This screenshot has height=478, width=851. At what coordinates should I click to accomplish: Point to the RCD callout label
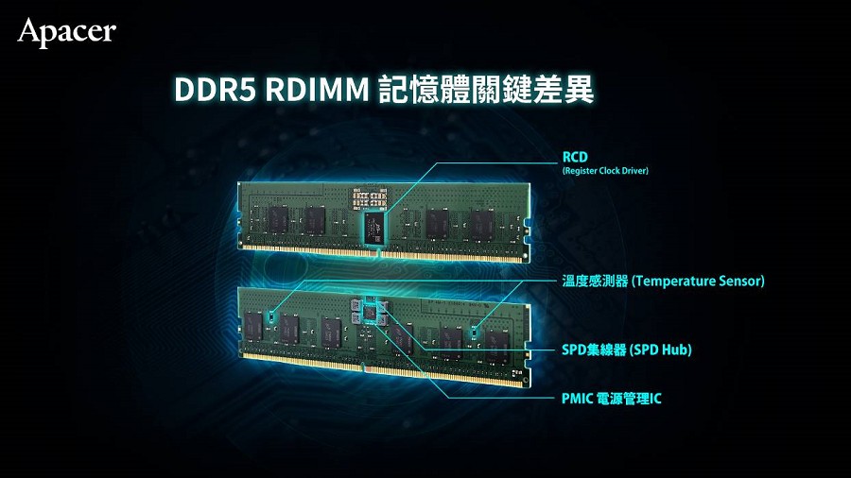[575, 156]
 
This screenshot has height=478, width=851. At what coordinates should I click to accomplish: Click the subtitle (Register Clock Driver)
[605, 171]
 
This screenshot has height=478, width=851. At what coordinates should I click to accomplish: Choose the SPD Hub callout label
[627, 350]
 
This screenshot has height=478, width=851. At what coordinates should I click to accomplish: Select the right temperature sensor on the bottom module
[478, 332]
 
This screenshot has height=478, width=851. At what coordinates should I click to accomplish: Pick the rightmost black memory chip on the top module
[482, 223]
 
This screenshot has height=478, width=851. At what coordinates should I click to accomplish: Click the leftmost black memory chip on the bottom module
[252, 321]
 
